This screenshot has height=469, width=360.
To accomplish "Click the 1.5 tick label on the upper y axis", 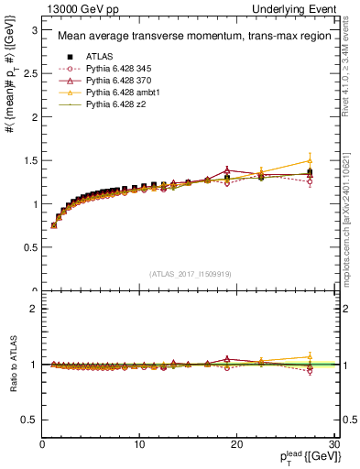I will (31, 160).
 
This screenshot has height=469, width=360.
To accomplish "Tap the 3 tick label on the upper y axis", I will (35, 29).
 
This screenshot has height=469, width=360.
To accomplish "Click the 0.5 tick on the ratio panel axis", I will (31, 420).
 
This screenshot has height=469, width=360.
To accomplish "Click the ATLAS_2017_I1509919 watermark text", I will (190, 273).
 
